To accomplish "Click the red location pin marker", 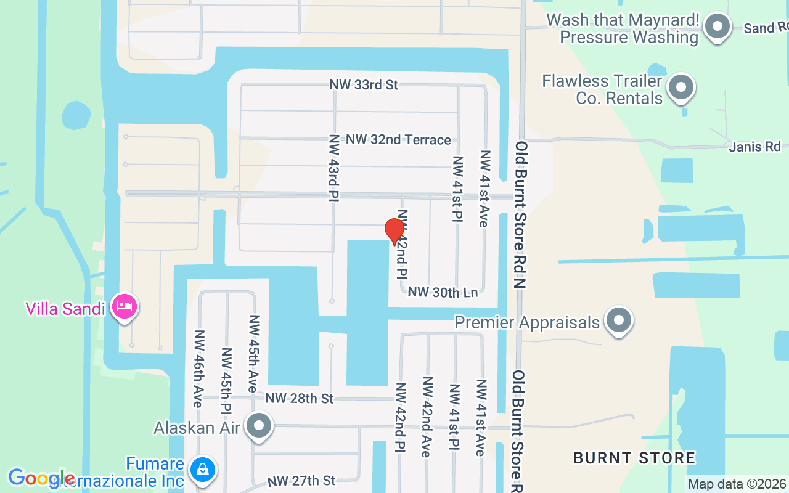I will coord(394,231).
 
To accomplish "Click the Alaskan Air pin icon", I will coord(260,426).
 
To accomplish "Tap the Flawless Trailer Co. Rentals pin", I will coord(681,88).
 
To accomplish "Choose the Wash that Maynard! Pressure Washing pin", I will coord(717,26).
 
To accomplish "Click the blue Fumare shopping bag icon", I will coord(202,470).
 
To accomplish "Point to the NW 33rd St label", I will coord(364,85).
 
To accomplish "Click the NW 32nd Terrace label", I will coord(398,140).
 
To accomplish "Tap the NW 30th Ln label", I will coord(443,292).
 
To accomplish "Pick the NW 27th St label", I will coord(301,480).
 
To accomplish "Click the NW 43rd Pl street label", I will coord(334,168).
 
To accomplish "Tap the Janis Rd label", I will coord(754,147).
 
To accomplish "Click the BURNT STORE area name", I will coord(634,458).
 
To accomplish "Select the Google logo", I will coord(41,478).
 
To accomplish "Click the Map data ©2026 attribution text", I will coord(737,484).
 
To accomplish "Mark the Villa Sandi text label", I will coord(65,308).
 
